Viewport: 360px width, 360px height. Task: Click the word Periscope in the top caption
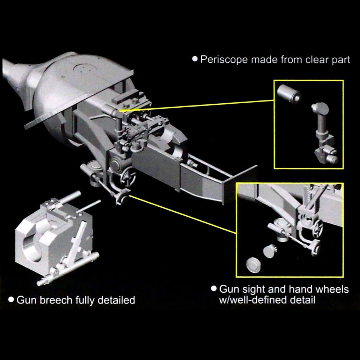tap(224, 59)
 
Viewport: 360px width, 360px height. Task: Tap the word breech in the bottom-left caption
tap(55, 300)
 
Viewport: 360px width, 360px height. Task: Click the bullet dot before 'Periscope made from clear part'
tap(195, 59)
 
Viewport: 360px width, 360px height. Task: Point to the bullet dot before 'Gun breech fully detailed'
tap(11, 300)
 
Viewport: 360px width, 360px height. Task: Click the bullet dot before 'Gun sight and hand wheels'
tap(214, 289)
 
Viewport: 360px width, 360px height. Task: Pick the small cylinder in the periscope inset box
tap(289, 94)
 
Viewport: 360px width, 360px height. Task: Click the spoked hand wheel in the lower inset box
tap(318, 228)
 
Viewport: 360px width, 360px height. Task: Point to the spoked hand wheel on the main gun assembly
tap(128, 175)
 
